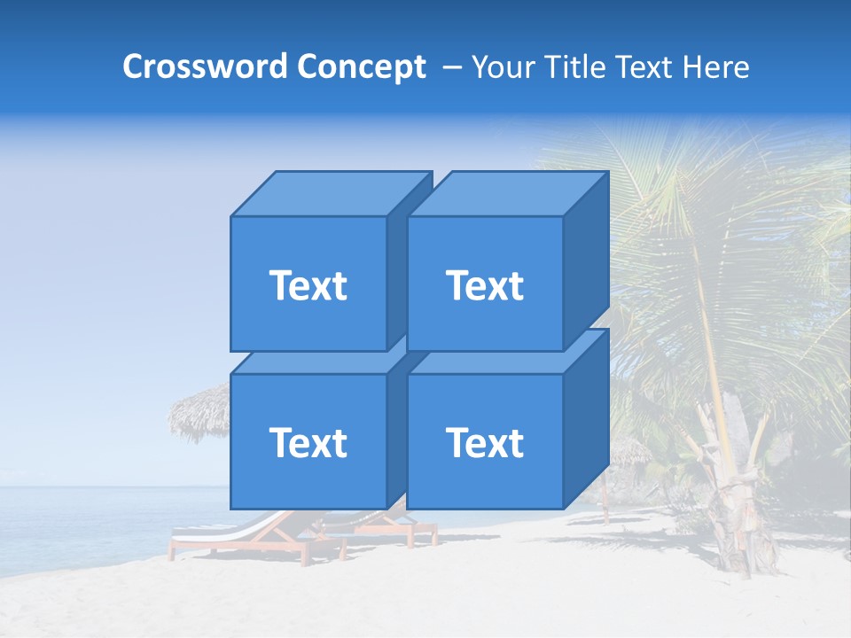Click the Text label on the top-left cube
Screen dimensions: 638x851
(308, 285)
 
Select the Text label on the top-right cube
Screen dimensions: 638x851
(485, 285)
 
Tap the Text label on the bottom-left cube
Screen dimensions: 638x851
(308, 442)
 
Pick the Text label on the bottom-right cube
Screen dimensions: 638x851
(485, 442)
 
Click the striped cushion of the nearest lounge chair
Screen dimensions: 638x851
(222, 530)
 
